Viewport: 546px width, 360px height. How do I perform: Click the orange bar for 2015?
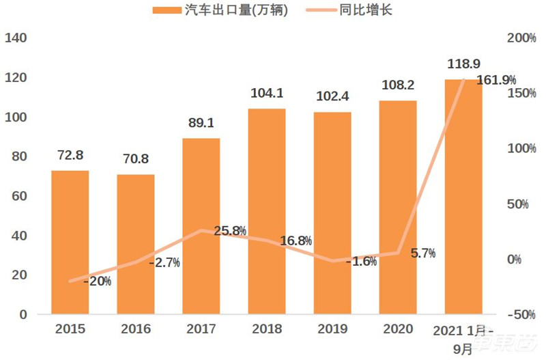pos(70,243)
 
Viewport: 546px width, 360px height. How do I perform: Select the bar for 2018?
pos(267,212)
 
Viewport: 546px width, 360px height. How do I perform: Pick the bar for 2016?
pos(135,245)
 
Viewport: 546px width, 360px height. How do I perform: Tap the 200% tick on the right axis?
pos(521,38)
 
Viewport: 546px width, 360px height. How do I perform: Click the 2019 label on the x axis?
pos(332,329)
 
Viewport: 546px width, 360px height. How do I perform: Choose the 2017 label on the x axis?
pos(201,329)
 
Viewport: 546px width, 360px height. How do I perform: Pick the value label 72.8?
pos(70,156)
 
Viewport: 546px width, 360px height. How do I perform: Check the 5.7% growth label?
pos(423,253)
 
